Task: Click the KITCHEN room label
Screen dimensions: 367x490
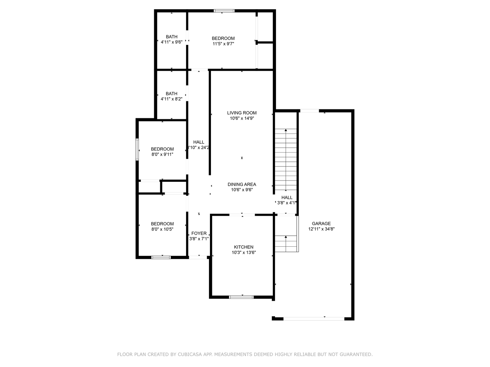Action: pos(243,247)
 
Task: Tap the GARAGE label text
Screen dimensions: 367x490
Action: pos(321,224)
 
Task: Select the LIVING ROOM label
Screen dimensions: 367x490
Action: pos(242,113)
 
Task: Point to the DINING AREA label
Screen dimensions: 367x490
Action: pos(242,185)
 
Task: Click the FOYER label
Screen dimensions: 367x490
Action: pos(199,233)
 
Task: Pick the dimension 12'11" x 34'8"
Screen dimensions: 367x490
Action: pos(321,229)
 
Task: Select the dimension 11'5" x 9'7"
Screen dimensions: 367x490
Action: pos(223,44)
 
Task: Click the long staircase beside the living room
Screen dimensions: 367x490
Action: pos(286,160)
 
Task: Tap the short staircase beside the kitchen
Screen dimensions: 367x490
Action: pos(286,243)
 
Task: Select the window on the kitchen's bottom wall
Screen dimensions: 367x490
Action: pos(241,297)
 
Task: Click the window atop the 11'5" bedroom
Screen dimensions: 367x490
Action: pos(224,11)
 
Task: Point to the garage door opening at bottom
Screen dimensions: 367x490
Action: pos(314,319)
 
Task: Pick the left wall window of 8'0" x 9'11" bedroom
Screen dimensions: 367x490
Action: pos(137,149)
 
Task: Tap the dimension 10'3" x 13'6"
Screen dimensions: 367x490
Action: pos(244,252)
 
